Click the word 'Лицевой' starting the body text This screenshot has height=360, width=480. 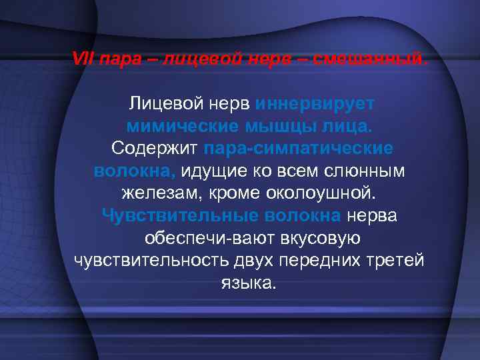(167, 104)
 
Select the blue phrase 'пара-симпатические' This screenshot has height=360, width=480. (299, 148)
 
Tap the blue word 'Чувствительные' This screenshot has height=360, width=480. (179, 215)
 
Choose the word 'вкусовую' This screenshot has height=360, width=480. (318, 238)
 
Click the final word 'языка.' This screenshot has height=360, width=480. (247, 283)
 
